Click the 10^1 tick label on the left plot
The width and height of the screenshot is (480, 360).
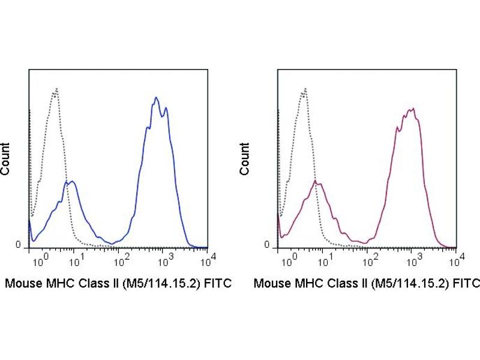[x=77, y=260]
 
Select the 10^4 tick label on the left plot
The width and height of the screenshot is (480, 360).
[x=205, y=260]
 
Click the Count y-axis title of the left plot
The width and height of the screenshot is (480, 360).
[x=6, y=159]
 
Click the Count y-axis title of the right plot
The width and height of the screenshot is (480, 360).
[x=245, y=159]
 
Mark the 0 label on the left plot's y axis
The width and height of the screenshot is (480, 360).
[x=18, y=245]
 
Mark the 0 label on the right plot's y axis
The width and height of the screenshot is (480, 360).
[x=268, y=245]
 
